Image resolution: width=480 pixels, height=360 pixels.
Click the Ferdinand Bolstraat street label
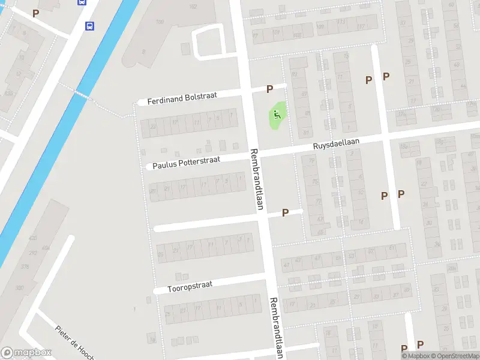pos(185,98)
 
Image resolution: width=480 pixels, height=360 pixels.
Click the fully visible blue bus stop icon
pos(89,26)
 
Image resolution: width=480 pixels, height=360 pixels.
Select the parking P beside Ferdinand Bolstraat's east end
pos(269,89)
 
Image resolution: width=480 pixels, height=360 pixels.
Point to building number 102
pos(193,7)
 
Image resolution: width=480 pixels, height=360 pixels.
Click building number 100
pos(160,22)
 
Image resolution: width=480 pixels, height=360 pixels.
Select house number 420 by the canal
pos(32,238)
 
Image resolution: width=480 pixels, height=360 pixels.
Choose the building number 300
pos(19,288)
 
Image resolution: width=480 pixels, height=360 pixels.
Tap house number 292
pos(34,253)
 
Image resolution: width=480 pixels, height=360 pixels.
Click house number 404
pos(46,247)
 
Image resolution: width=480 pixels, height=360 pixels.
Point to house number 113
pos(341,22)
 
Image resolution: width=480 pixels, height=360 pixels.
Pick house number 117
pos(361,26)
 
